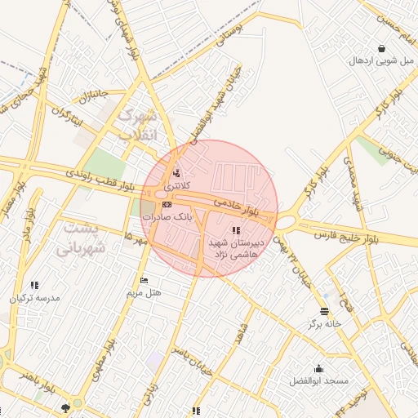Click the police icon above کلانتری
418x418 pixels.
click(176, 173)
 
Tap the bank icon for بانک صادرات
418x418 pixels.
click(167, 205)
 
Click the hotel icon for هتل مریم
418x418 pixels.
click(145, 281)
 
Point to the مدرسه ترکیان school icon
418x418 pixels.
click(34, 286)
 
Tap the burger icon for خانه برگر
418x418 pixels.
click(325, 312)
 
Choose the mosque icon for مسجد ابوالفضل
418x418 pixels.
click(318, 368)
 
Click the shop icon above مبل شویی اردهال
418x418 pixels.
click(382, 48)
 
